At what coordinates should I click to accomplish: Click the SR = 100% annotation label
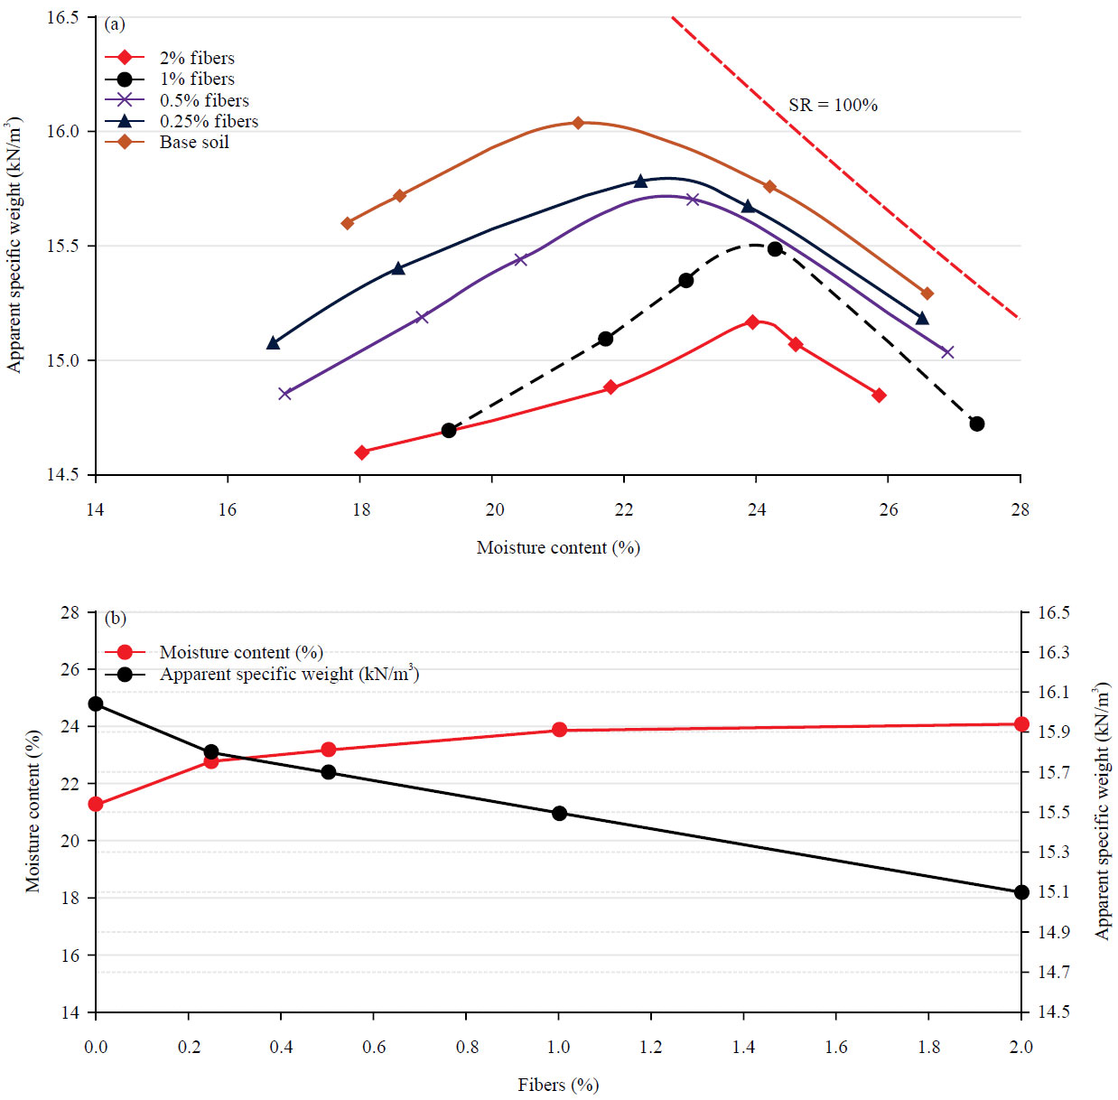[832, 105]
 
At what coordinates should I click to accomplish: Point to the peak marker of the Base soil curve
[578, 123]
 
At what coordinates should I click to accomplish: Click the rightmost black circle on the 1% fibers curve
[976, 424]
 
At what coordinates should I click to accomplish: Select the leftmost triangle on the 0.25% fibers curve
[274, 343]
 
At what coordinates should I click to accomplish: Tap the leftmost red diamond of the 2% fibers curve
[362, 452]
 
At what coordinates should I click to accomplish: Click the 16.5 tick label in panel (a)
[62, 17]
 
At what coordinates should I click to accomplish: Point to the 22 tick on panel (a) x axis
[624, 509]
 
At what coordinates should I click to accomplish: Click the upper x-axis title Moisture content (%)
[558, 547]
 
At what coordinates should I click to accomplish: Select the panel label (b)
[115, 619]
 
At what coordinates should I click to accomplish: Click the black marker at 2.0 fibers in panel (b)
[1021, 892]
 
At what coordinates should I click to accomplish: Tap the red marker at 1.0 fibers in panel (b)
[559, 730]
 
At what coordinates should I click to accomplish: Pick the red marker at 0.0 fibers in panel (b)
[96, 805]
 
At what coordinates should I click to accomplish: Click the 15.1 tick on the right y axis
[1053, 892]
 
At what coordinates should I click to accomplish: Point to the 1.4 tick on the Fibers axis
[743, 1047]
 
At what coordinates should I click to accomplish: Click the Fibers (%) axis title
[558, 1085]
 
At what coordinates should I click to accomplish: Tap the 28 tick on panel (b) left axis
[70, 612]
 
